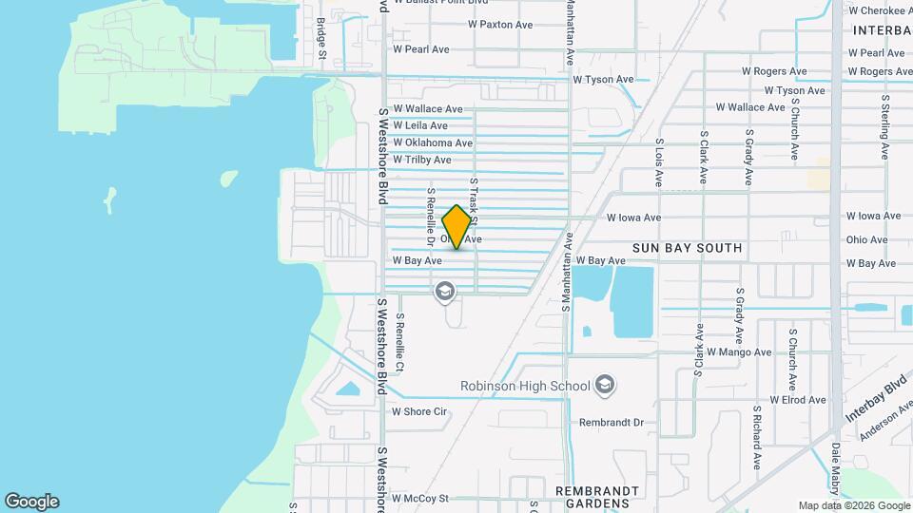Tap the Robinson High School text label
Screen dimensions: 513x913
point(525,386)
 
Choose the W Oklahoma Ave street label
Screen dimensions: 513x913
point(433,142)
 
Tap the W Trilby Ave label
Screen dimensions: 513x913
point(421,160)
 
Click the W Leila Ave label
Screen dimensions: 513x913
point(419,125)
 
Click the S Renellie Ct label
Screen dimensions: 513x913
point(400,343)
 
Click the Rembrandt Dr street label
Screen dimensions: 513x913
point(612,422)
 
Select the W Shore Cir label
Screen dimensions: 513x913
point(419,411)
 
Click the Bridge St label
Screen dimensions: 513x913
point(321,39)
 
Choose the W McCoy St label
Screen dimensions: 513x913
point(419,498)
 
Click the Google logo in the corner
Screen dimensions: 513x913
point(31,502)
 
